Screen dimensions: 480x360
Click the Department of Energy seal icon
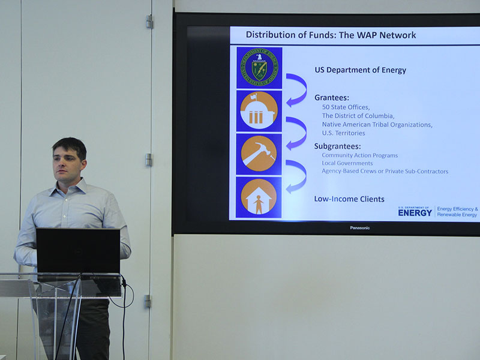(x=259, y=67)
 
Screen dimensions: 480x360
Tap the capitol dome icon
(x=259, y=111)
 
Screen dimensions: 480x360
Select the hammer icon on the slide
(x=259, y=154)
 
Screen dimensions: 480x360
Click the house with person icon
(x=259, y=197)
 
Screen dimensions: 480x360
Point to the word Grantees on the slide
(x=332, y=98)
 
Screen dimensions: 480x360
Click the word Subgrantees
(x=337, y=146)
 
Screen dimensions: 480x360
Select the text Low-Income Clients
(x=349, y=199)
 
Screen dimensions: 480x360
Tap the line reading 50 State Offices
(x=346, y=107)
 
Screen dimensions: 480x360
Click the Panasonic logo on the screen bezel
(x=359, y=228)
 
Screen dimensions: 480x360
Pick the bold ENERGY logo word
(x=415, y=212)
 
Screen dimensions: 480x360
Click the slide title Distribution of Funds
(x=331, y=35)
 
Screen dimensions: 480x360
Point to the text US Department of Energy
(x=361, y=70)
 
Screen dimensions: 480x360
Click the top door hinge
(x=149, y=22)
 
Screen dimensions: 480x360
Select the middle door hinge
(x=149, y=160)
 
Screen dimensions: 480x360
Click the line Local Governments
(x=347, y=163)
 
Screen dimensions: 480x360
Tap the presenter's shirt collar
(x=69, y=187)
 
